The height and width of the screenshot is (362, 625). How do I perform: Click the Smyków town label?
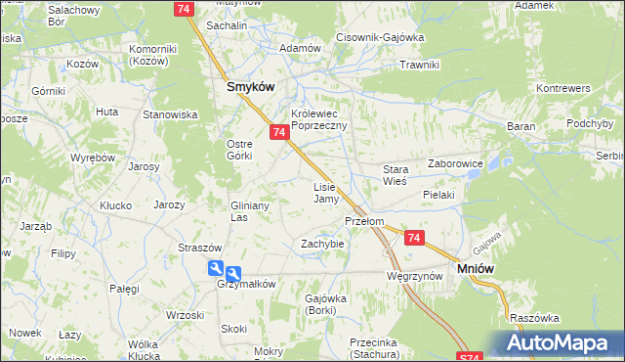250,86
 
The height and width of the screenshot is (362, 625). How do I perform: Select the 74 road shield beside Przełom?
414,238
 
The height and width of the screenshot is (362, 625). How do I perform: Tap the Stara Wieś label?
395,175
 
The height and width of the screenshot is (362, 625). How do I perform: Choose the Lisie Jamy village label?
325,192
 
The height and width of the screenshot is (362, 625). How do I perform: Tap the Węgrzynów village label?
415,277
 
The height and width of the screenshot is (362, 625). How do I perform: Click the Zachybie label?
322,243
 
